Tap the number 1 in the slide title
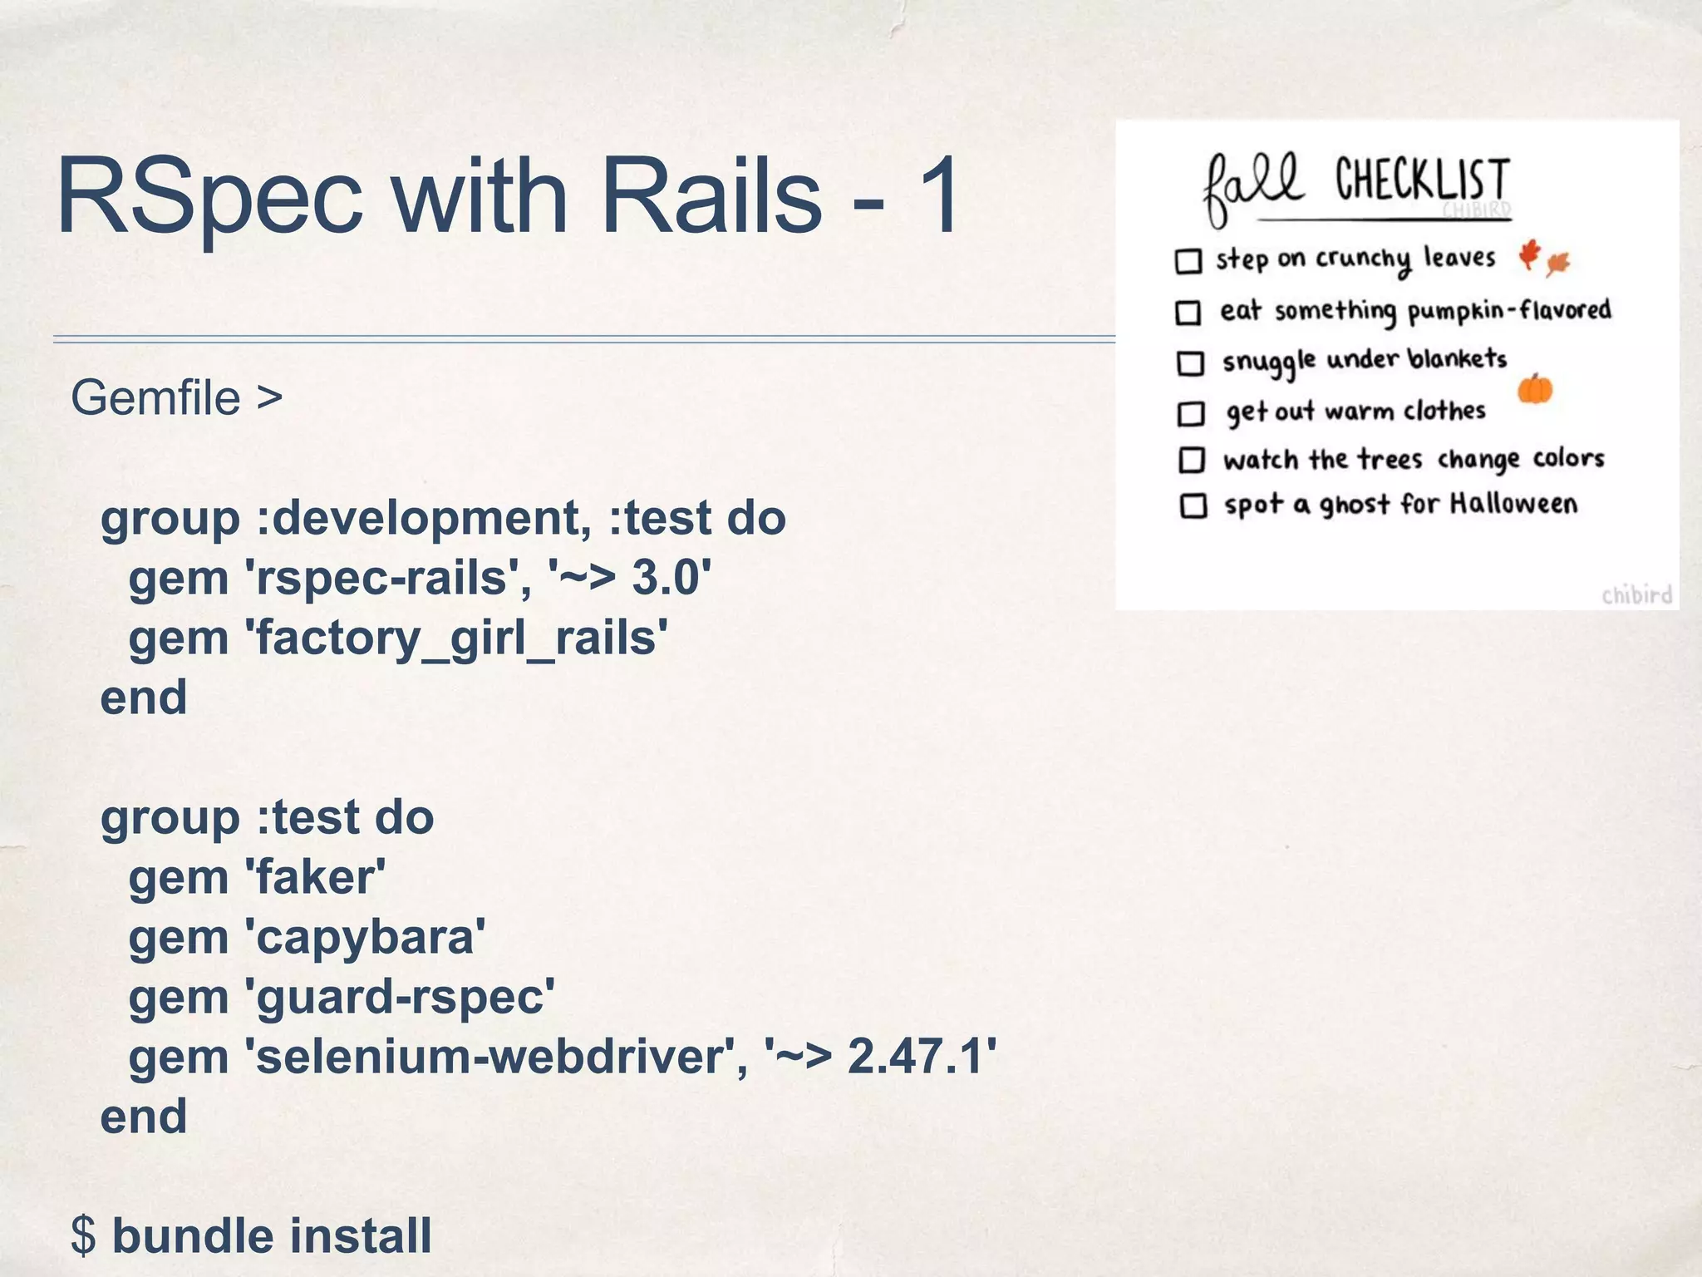tap(936, 196)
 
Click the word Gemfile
tap(155, 397)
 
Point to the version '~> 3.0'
tap(631, 577)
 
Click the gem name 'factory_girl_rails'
tap(456, 638)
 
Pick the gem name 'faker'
tap(316, 877)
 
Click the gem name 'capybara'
tap(365, 938)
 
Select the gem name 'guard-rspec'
tap(400, 997)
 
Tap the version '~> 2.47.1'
tap(880, 1057)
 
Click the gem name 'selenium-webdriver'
tap(490, 1057)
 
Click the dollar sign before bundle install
tap(83, 1235)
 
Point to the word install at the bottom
tap(361, 1235)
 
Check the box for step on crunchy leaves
tap(1188, 261)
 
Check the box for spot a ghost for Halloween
tap(1193, 505)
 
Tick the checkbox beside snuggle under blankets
tap(1190, 363)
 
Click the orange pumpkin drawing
tap(1535, 389)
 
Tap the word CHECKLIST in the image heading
tap(1423, 181)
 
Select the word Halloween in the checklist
tap(1513, 504)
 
